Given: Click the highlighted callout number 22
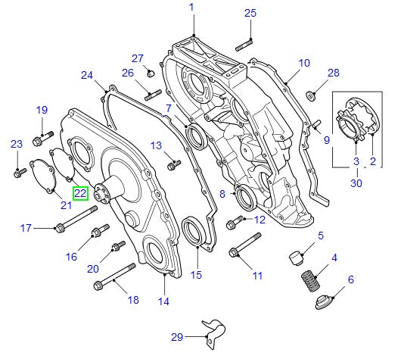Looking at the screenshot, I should tap(81, 192).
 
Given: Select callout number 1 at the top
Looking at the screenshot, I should tap(191, 8).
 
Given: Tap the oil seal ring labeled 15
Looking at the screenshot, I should tap(194, 231).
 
